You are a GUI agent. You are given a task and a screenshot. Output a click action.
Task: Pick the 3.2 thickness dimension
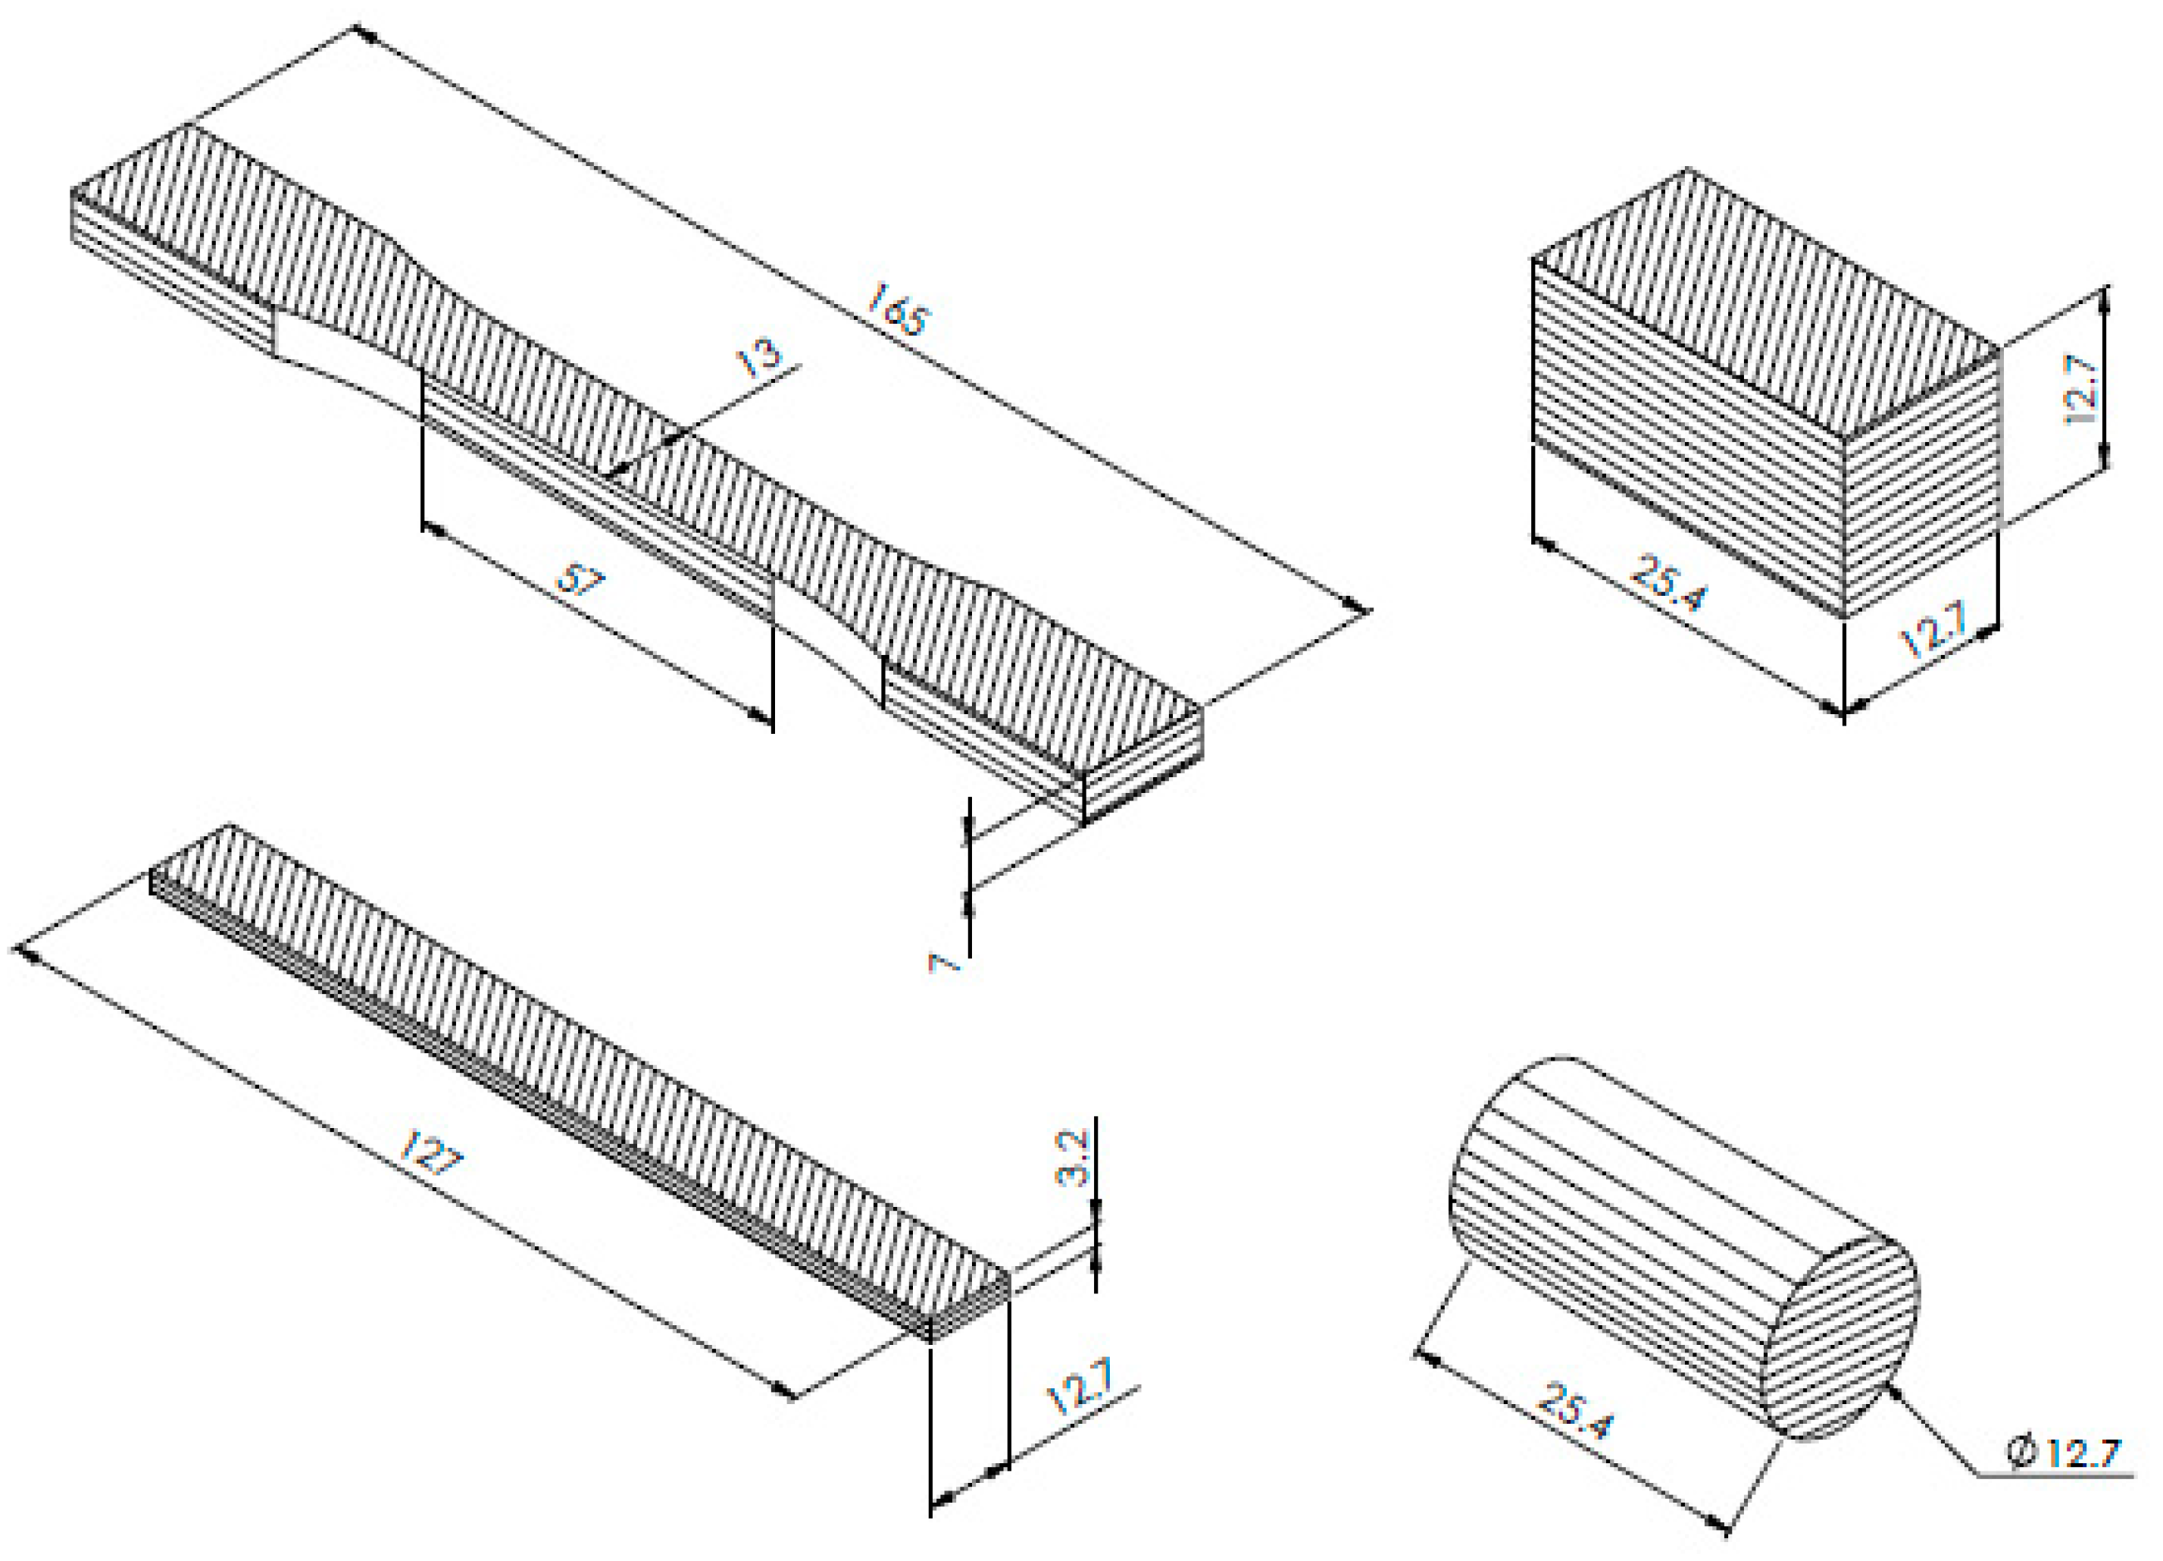[x=1072, y=1158]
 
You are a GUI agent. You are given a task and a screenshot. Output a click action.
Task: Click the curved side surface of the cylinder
[x=1621, y=1211]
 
